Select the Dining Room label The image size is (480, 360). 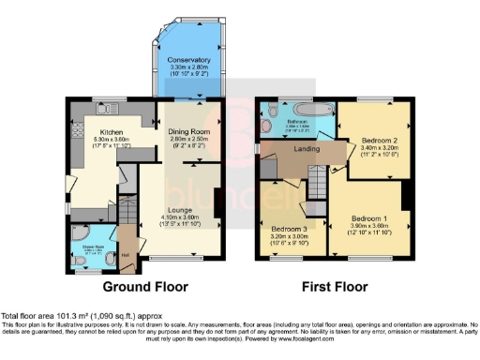pyautogui.click(x=187, y=132)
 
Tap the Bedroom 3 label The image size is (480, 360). pyautogui.click(x=289, y=228)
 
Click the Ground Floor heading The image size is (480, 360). pyautogui.click(x=145, y=287)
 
